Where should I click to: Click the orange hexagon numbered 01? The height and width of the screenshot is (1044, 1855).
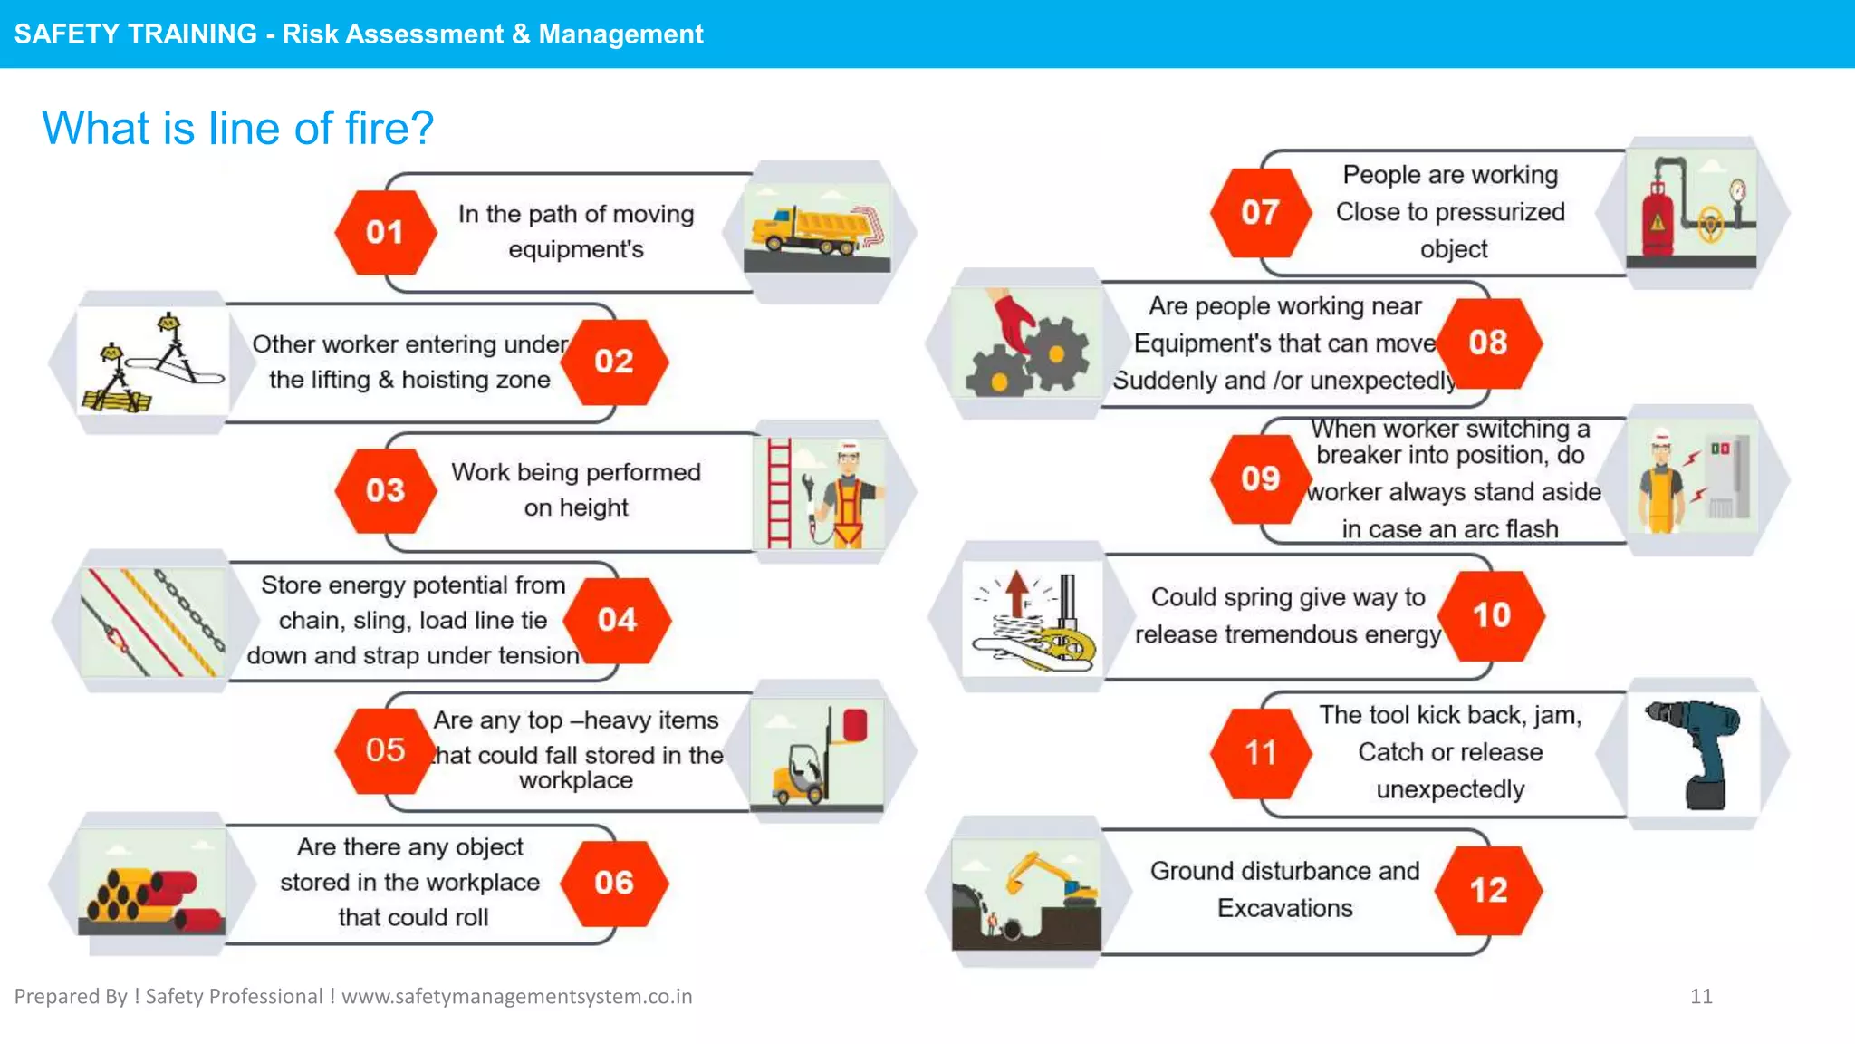pyautogui.click(x=385, y=232)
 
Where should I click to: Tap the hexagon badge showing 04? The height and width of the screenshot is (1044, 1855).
pyautogui.click(x=617, y=620)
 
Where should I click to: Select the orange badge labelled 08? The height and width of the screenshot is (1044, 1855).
pyautogui.click(x=1488, y=343)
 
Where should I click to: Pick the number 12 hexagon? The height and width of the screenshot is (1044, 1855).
pyautogui.click(x=1488, y=890)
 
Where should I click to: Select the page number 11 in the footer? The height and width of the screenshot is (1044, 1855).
pyautogui.click(x=1701, y=996)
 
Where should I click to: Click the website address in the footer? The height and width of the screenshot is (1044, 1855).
pyautogui.click(x=516, y=996)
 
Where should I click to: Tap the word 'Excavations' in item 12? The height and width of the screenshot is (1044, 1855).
pyautogui.click(x=1284, y=908)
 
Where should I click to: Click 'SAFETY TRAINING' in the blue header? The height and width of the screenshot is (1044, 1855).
pyautogui.click(x=136, y=34)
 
